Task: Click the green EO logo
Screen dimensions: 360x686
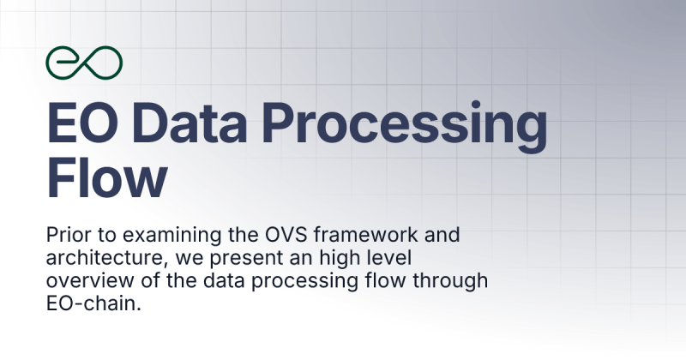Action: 84,61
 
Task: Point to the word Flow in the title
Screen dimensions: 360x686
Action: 107,178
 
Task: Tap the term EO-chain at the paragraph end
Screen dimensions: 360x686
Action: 93,302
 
